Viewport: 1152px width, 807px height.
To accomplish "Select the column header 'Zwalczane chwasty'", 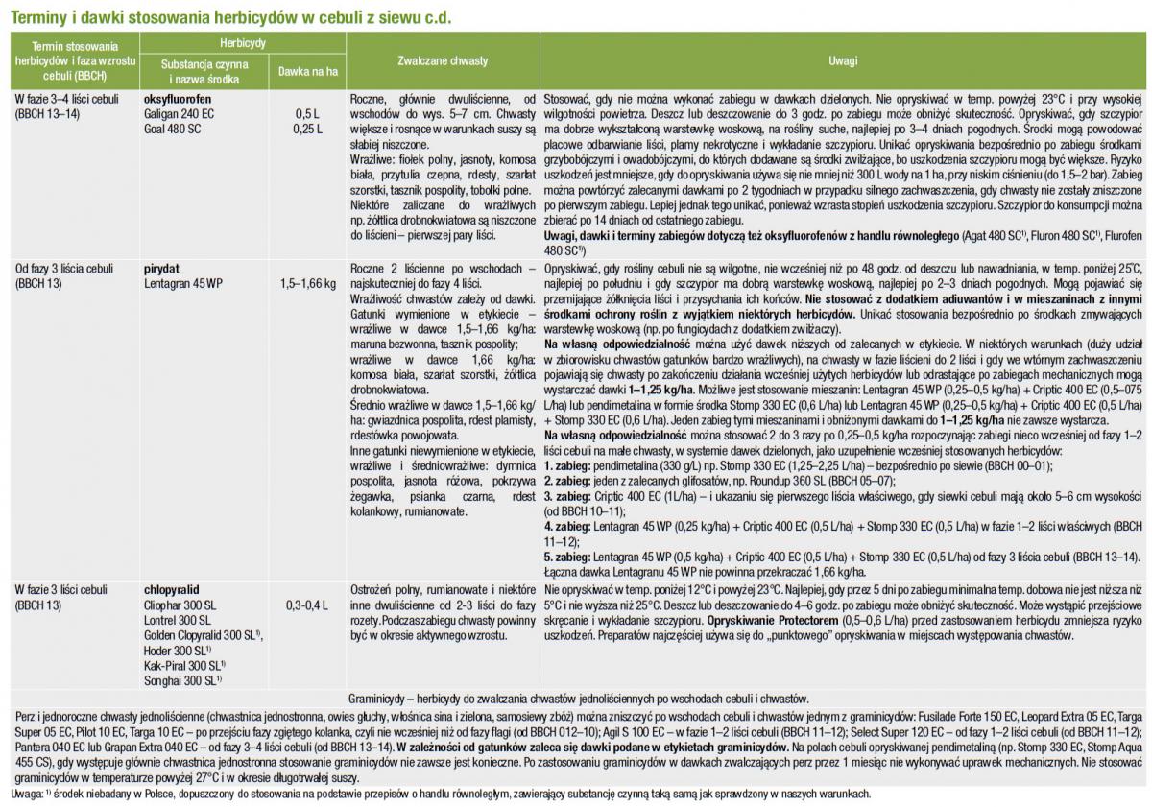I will [x=443, y=60].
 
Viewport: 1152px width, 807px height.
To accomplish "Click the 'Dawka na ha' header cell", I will [x=303, y=71].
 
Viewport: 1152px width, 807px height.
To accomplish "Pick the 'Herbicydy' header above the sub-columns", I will [x=242, y=43].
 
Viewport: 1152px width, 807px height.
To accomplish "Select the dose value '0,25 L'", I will [x=307, y=127].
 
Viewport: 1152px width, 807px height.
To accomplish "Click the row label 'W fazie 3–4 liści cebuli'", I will [x=64, y=99].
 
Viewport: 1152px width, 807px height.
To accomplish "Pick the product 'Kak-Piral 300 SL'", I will [x=181, y=664].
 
